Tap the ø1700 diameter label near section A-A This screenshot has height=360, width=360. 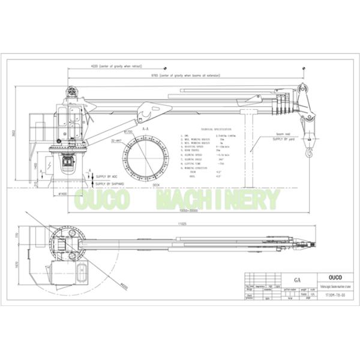(x=128, y=131)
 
